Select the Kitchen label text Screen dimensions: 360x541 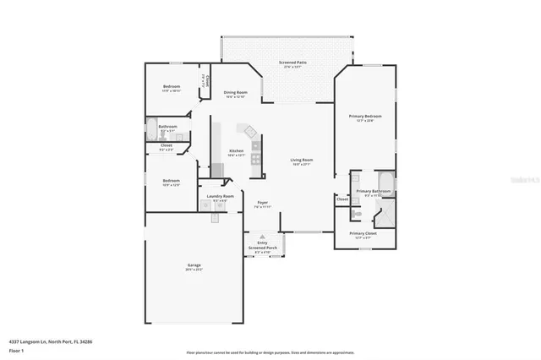[236, 151]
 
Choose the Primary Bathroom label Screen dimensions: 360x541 [373, 192]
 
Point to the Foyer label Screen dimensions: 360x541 [262, 203]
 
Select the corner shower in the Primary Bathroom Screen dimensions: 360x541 [385, 215]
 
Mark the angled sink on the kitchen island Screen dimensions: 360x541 [249, 132]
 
